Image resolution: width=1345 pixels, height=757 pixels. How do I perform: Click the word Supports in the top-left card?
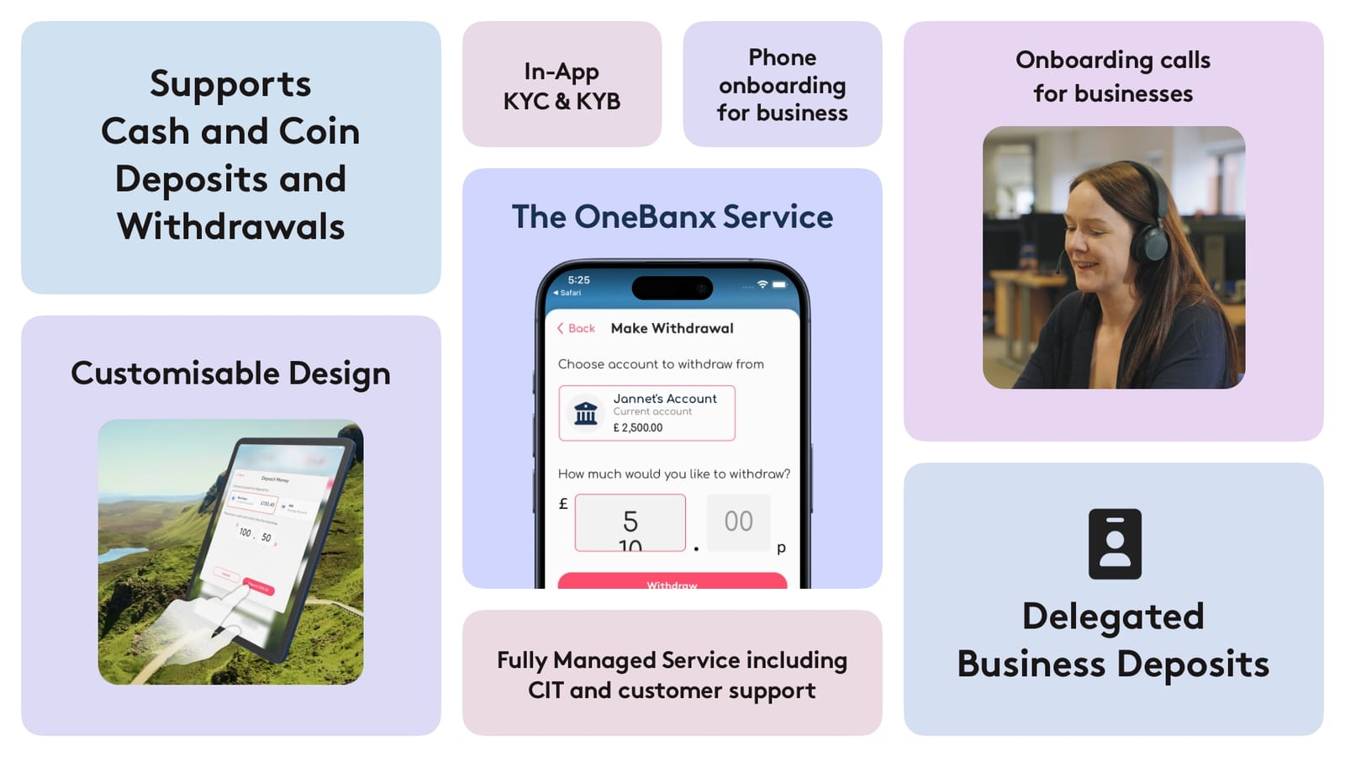230,84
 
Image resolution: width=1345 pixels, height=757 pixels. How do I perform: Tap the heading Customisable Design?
230,373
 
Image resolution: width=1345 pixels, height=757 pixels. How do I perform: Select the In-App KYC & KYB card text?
562,86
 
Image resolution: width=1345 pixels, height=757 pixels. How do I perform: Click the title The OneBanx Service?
672,217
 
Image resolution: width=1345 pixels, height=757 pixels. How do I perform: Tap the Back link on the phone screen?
577,328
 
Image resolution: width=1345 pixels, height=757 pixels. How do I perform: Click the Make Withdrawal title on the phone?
672,328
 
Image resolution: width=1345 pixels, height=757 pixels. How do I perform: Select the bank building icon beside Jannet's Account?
586,413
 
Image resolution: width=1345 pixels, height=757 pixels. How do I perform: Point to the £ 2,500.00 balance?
638,427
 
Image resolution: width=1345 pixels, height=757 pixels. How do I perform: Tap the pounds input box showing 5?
630,521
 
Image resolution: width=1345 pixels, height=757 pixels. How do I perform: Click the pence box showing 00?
738,521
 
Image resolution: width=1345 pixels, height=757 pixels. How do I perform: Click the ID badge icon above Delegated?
1115,543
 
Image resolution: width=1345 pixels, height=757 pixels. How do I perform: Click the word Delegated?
1113,617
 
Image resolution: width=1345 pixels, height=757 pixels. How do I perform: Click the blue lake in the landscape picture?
123,553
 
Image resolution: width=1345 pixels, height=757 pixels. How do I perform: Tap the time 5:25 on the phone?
578,280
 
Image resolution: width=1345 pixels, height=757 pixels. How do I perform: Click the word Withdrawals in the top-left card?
230,226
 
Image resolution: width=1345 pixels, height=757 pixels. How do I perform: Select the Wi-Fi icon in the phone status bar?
762,284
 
